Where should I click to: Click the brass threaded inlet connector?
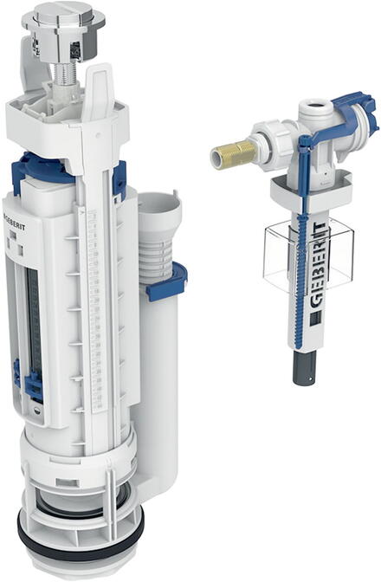(233, 153)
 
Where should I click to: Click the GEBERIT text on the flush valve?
(15, 222)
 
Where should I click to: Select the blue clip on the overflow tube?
(167, 281)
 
